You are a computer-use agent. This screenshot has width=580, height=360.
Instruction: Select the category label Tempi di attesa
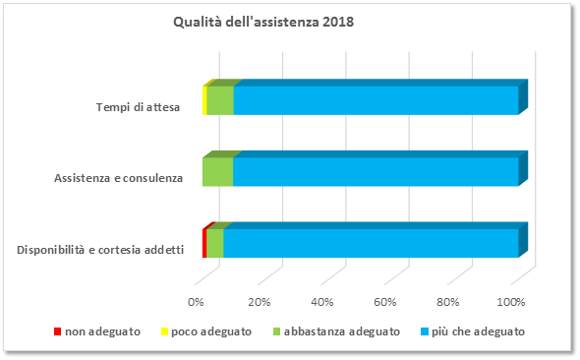pos(138,107)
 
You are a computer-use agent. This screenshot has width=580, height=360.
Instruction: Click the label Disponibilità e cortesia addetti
pos(100,249)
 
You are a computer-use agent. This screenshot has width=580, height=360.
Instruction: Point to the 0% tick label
pos(196,301)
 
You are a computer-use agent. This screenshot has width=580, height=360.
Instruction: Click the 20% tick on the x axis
pos(259,301)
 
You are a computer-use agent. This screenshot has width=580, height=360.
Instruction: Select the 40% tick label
pos(322,301)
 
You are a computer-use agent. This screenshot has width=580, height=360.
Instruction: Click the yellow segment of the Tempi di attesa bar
pos(204,100)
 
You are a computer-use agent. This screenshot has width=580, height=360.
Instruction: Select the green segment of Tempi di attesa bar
pos(220,100)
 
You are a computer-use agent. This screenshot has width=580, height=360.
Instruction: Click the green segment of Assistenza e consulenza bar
pos(217,171)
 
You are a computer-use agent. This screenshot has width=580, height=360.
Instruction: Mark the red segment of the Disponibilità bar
pos(204,242)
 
